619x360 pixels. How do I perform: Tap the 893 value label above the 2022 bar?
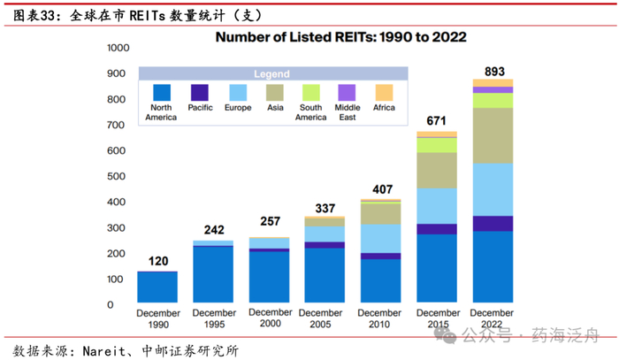(x=493, y=71)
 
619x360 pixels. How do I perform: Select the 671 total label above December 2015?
(x=437, y=120)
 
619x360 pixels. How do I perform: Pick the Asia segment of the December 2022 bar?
(x=493, y=135)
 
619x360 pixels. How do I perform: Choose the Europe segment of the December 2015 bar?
(x=437, y=205)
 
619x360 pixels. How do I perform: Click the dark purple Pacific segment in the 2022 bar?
(x=493, y=223)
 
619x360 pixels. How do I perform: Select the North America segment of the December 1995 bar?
(x=213, y=275)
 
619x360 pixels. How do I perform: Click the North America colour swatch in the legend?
(x=162, y=92)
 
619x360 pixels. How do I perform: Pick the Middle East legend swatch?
(x=348, y=92)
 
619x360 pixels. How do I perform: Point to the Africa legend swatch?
(x=384, y=92)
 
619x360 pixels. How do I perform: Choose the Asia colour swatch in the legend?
(x=274, y=92)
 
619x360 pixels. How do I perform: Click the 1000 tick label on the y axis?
(x=118, y=49)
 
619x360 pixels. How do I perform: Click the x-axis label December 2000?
(x=269, y=318)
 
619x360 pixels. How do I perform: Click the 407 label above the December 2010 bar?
(x=381, y=188)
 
